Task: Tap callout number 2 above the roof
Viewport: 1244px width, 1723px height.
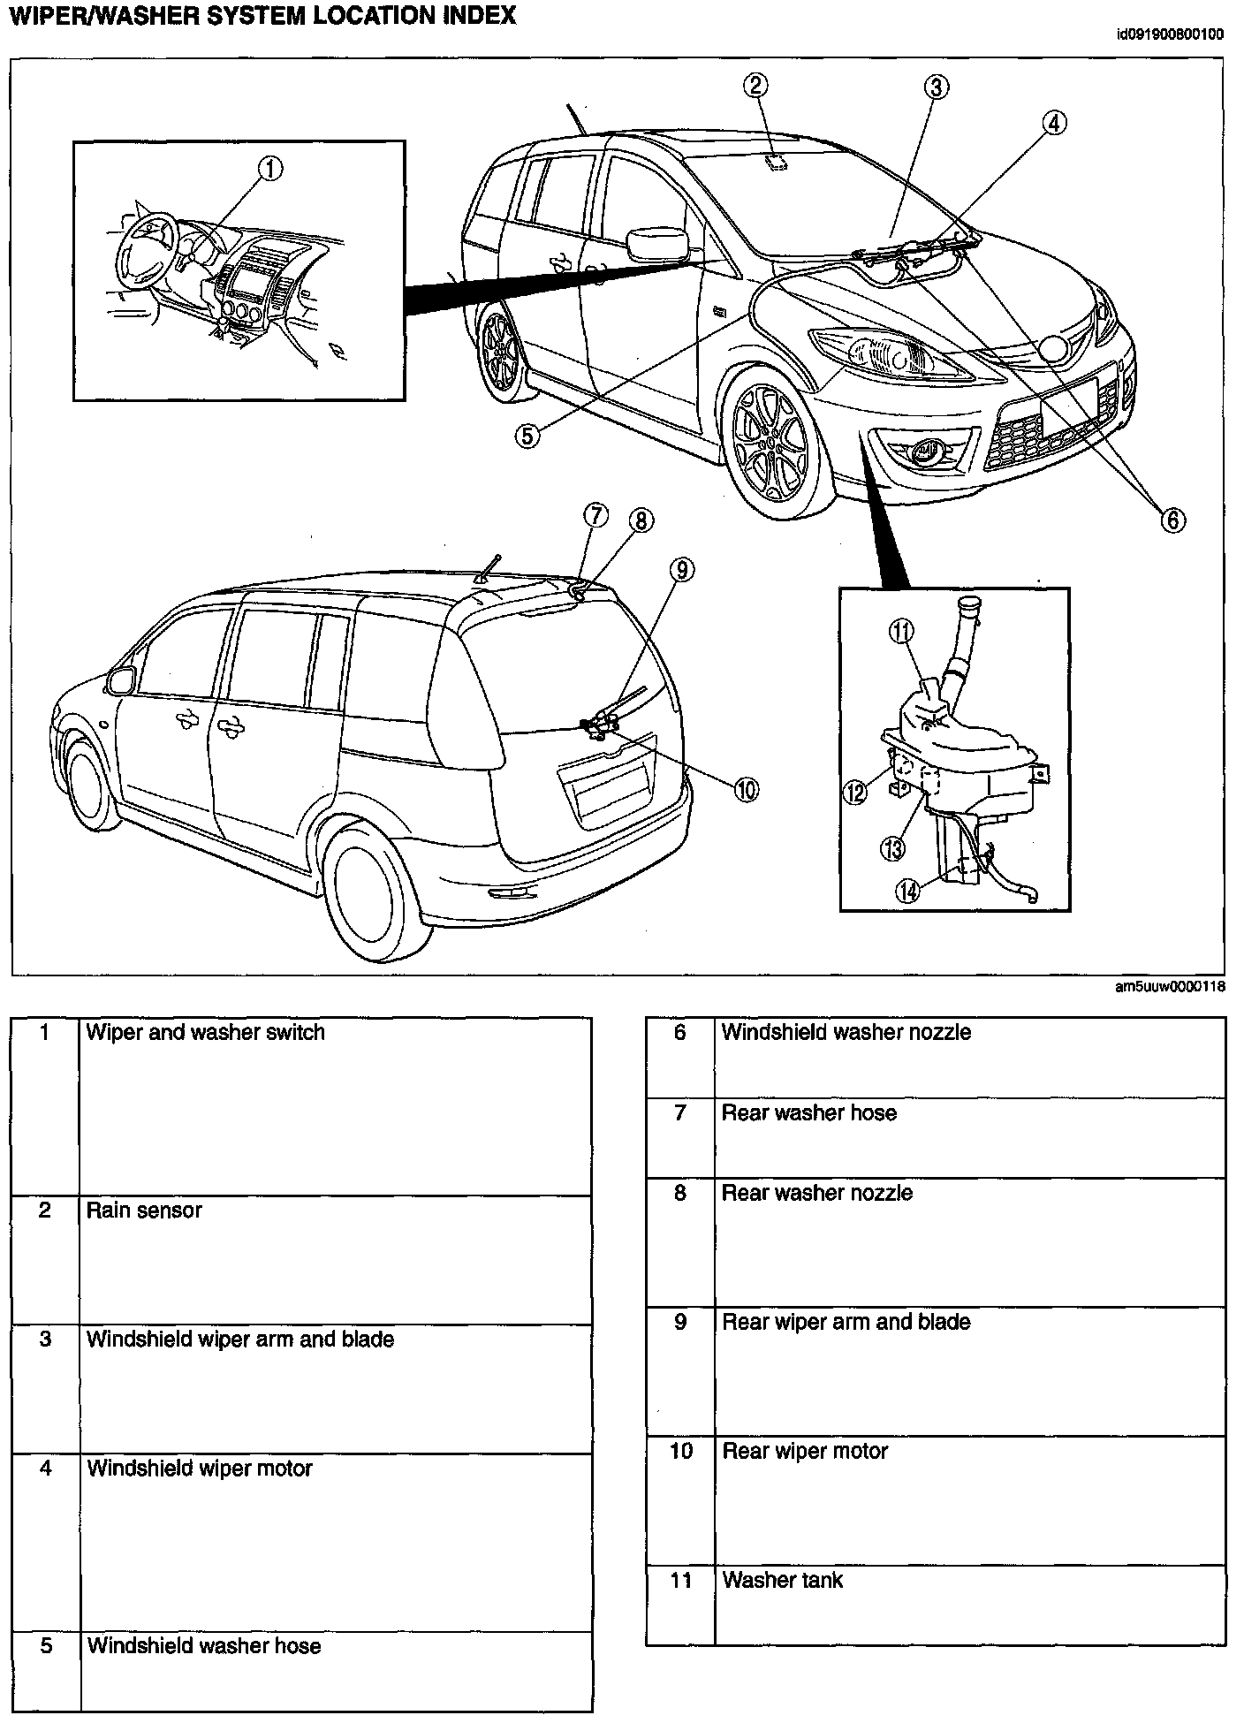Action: (x=755, y=85)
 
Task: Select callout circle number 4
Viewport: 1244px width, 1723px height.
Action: (x=1054, y=124)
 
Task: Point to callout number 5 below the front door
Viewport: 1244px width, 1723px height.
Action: (x=527, y=436)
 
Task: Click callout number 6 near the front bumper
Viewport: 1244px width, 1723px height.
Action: (x=1172, y=520)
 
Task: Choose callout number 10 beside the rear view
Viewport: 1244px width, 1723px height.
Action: (x=746, y=789)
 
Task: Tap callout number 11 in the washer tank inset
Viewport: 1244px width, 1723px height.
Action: (x=901, y=631)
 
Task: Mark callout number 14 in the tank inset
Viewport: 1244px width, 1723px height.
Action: (x=907, y=891)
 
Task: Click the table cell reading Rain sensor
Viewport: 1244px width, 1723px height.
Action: (x=144, y=1211)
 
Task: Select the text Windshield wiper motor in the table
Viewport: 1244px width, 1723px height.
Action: (x=200, y=1469)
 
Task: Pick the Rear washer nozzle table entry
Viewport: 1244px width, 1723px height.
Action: (x=816, y=1193)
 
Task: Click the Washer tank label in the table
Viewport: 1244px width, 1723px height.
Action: (x=782, y=1580)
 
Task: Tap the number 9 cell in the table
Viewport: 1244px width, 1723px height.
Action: (x=679, y=1322)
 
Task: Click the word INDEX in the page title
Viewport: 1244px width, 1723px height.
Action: (x=474, y=16)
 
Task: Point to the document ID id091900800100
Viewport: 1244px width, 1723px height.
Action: (x=1170, y=35)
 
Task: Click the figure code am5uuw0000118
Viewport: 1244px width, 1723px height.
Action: (x=1170, y=987)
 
